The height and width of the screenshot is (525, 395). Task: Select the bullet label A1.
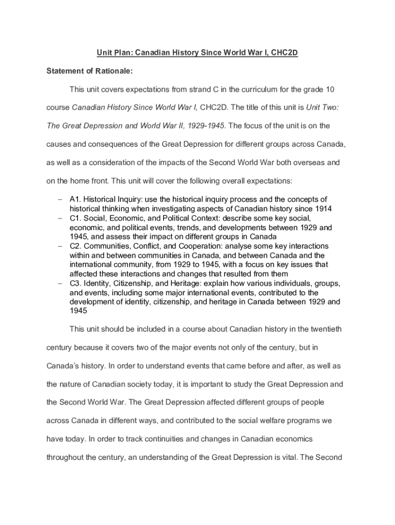(75, 199)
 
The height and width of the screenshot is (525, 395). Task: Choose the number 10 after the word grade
(330, 90)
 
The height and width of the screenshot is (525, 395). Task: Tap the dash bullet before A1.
(60, 199)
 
